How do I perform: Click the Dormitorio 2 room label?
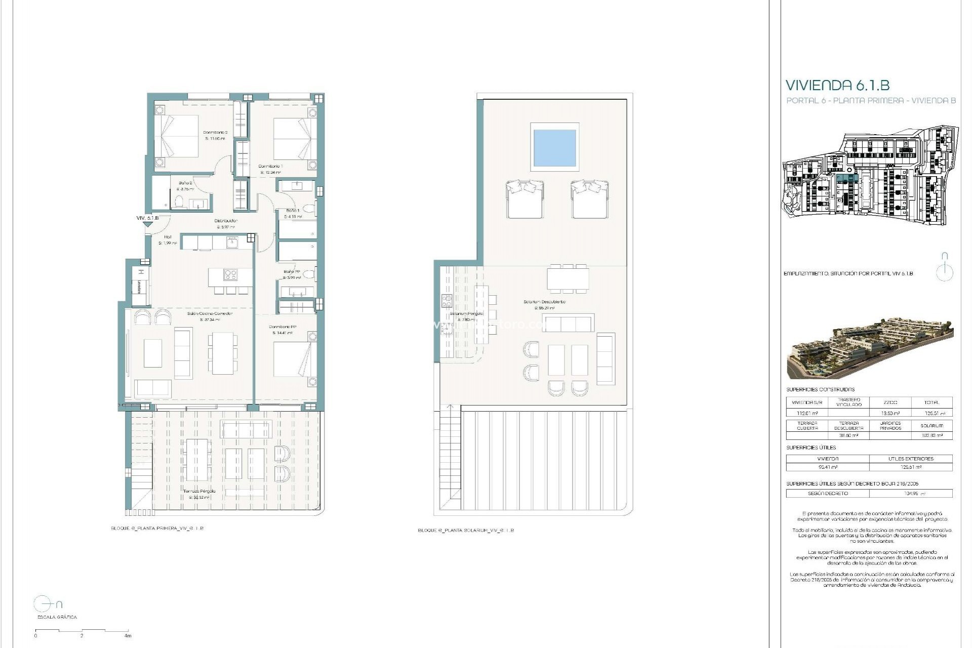[x=216, y=133]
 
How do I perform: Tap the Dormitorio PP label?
[x=282, y=327]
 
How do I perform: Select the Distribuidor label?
[x=226, y=221]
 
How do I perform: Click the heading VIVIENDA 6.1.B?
[x=837, y=85]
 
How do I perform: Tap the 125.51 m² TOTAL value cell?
[x=931, y=413]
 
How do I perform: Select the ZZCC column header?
[x=889, y=402]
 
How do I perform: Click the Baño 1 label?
[x=293, y=210]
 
